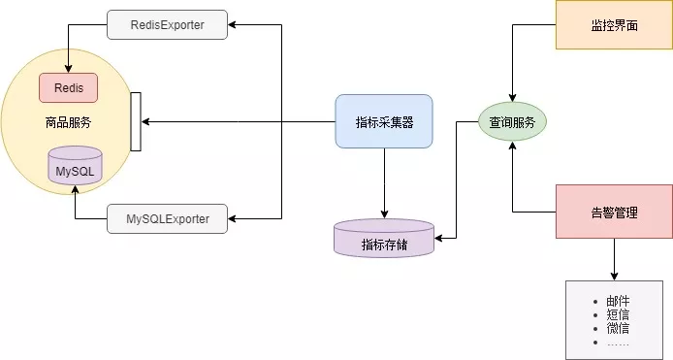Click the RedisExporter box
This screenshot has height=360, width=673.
(168, 24)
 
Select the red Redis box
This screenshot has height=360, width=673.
(68, 87)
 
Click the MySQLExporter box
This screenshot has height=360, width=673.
(168, 218)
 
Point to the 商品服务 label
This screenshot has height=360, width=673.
(68, 123)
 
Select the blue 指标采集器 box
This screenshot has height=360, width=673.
(384, 121)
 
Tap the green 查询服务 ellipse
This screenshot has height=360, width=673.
(512, 122)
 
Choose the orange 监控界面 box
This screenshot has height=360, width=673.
(614, 24)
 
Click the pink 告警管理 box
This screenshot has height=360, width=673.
(614, 212)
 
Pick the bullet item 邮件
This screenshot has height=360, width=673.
(618, 302)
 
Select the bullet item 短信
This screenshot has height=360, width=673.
(618, 314)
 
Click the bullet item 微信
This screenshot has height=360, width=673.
(618, 328)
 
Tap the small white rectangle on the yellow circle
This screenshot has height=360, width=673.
(136, 122)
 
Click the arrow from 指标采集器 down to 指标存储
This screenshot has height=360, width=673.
(384, 184)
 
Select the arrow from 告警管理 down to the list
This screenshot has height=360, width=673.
(614, 259)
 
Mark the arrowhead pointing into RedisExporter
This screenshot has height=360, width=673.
(234, 24)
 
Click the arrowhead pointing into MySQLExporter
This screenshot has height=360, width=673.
(234, 218)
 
